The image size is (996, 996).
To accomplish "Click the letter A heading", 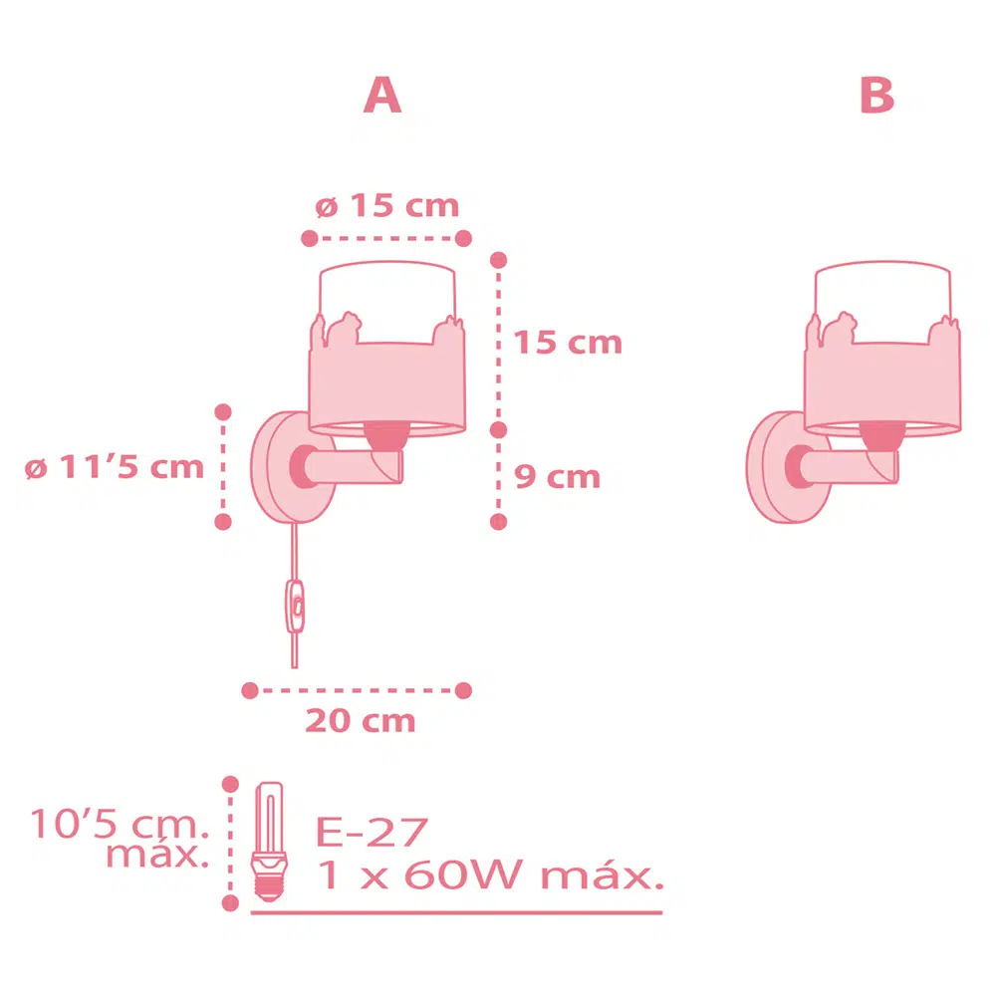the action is pyautogui.click(x=382, y=96).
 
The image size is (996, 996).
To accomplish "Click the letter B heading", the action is pyautogui.click(x=877, y=96).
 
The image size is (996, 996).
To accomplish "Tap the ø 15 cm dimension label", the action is pyautogui.click(x=386, y=206).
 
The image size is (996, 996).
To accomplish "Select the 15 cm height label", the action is pyautogui.click(x=568, y=343).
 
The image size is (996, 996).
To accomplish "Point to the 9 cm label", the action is pyautogui.click(x=557, y=476).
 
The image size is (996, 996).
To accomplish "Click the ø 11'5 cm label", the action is pyautogui.click(x=115, y=467).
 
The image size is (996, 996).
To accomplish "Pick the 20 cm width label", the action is pyautogui.click(x=361, y=721).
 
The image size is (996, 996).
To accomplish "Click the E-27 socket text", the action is pyautogui.click(x=372, y=832).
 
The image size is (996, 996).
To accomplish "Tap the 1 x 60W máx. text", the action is pyautogui.click(x=490, y=874).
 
